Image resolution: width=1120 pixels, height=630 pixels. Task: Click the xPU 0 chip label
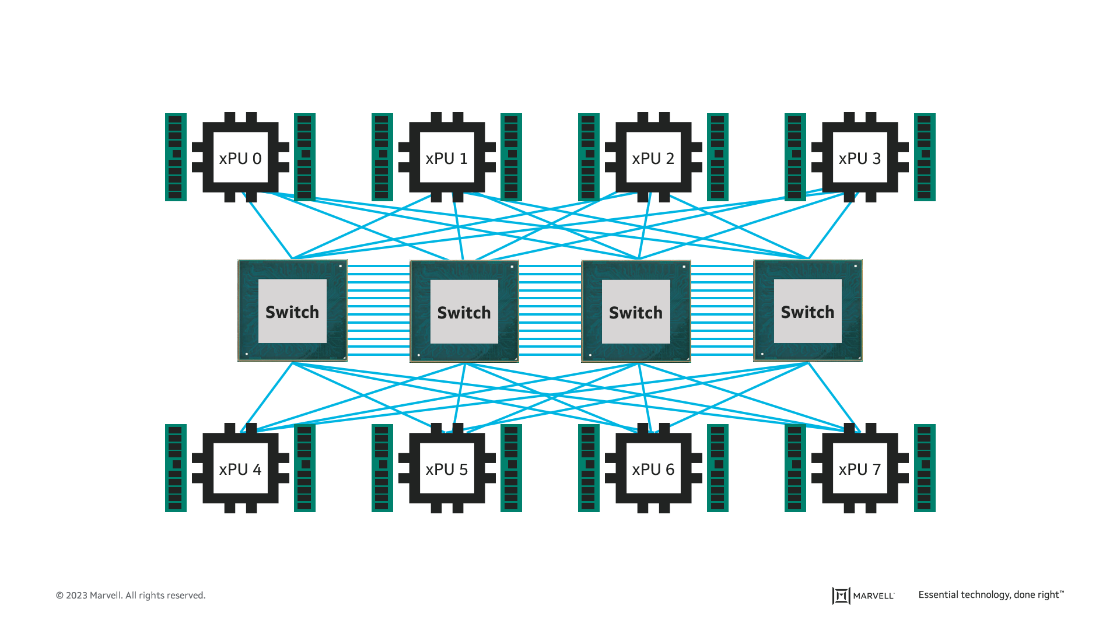(x=240, y=158)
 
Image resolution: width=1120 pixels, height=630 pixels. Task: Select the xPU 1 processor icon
(x=447, y=157)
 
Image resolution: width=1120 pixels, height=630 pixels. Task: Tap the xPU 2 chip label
(x=653, y=158)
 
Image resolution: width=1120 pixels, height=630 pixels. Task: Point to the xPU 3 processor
(x=860, y=157)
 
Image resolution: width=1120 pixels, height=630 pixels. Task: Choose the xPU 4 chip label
(x=240, y=469)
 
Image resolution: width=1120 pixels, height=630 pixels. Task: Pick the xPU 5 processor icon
(x=447, y=468)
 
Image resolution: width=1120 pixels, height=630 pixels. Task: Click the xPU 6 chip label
(x=653, y=469)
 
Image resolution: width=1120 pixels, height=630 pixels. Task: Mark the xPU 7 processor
(x=860, y=468)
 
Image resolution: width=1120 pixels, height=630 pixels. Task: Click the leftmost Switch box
(x=292, y=311)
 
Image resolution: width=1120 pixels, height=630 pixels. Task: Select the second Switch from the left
(x=464, y=311)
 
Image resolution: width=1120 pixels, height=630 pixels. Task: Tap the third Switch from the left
(x=636, y=311)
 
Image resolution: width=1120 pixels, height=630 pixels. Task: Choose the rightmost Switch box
(x=808, y=311)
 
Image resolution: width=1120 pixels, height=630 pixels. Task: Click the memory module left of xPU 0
(x=176, y=157)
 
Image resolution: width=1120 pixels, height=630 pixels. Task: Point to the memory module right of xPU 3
(x=925, y=157)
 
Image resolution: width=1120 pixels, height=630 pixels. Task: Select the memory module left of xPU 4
(x=176, y=468)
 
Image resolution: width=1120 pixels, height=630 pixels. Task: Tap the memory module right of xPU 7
(x=925, y=468)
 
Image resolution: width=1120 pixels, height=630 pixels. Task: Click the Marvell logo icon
(x=841, y=596)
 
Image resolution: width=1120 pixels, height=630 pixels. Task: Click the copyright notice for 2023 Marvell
(x=131, y=596)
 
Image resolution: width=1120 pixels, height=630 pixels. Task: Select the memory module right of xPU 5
(x=511, y=468)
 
